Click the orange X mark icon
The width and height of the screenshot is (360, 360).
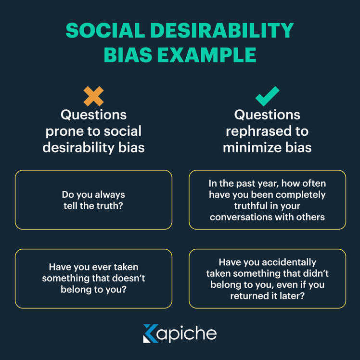[x=93, y=96]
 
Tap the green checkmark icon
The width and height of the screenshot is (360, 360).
[x=267, y=96]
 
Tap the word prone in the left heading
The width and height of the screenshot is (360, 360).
[x=64, y=131]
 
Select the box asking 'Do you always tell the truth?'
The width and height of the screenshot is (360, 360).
[x=93, y=200]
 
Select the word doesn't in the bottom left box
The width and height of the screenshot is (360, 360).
[x=129, y=278]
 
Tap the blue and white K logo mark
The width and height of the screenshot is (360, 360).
[x=150, y=334]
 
